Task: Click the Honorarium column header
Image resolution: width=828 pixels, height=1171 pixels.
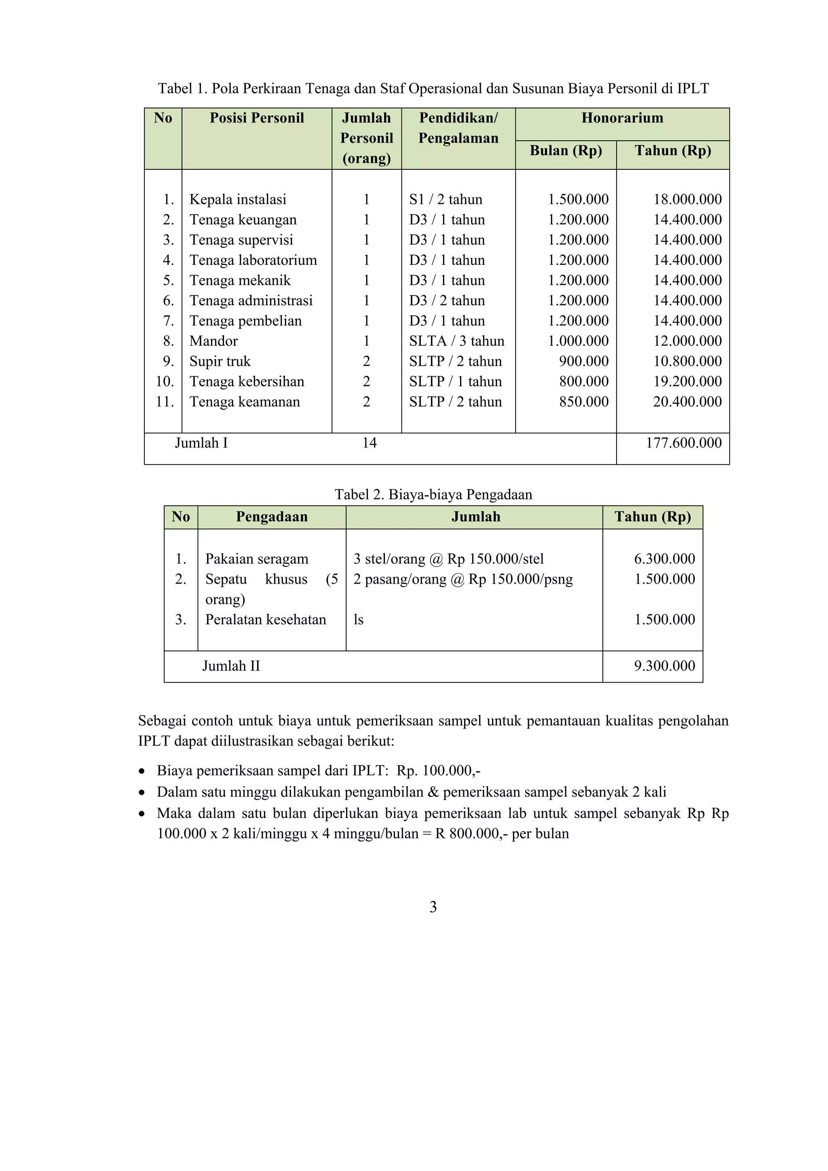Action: pos(622,118)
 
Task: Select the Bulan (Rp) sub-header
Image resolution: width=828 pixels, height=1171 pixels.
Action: pos(565,150)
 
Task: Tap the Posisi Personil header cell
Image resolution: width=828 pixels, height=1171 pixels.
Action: pos(257,118)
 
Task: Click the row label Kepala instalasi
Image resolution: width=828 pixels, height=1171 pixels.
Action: pos(238,199)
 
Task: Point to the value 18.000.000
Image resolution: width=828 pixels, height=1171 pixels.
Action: pos(687,199)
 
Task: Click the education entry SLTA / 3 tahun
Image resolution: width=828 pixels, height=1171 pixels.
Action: pos(456,341)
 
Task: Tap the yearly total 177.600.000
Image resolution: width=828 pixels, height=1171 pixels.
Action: pos(683,443)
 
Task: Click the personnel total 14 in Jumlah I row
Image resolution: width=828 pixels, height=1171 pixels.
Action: pos(370,443)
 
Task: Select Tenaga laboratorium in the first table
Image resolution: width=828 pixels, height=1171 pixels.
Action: pos(253,260)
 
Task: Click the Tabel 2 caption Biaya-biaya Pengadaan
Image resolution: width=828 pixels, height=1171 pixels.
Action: pos(433,494)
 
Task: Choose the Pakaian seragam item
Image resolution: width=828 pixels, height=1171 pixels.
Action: pos(257,559)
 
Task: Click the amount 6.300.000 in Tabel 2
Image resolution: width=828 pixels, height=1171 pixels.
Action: pos(664,559)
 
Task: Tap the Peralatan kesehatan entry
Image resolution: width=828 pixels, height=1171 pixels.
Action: pos(265,620)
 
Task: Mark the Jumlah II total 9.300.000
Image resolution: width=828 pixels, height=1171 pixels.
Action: pos(664,666)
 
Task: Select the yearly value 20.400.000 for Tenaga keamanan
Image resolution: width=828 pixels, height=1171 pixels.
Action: pos(687,402)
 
